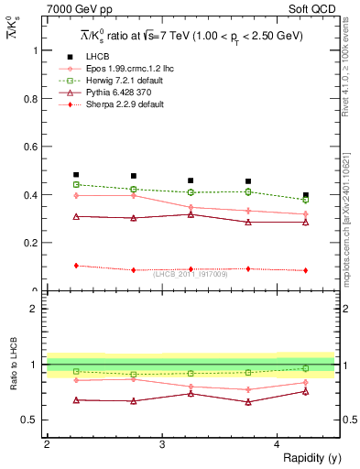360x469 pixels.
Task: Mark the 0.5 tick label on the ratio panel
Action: pos(31,420)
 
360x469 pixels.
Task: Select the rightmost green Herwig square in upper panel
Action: pos(306,200)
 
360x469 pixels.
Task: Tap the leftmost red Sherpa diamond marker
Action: pos(76,266)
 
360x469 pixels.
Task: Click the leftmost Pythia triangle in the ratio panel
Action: pos(76,399)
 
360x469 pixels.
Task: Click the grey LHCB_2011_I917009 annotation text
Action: pos(191,274)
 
